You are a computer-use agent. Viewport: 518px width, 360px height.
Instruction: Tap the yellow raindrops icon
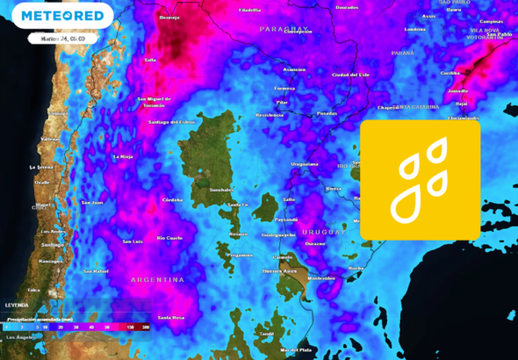pyautogui.click(x=420, y=179)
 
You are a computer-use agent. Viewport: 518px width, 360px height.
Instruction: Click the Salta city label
pyautogui.click(x=150, y=60)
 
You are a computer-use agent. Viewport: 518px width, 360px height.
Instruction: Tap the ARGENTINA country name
pyautogui.click(x=157, y=279)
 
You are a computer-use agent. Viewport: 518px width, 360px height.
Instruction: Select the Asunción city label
pyautogui.click(x=294, y=69)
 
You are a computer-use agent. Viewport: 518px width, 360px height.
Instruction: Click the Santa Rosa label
pyautogui.click(x=170, y=317)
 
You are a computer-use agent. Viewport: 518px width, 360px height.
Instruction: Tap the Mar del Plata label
pyautogui.click(x=296, y=349)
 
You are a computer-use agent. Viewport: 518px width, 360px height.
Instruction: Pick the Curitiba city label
pyautogui.click(x=450, y=73)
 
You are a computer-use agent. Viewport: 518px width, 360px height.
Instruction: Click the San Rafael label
pyautogui.click(x=95, y=271)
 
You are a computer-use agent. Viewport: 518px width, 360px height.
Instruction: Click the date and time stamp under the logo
pyautogui.click(x=61, y=39)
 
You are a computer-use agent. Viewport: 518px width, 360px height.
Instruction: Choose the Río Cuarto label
pyautogui.click(x=169, y=238)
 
